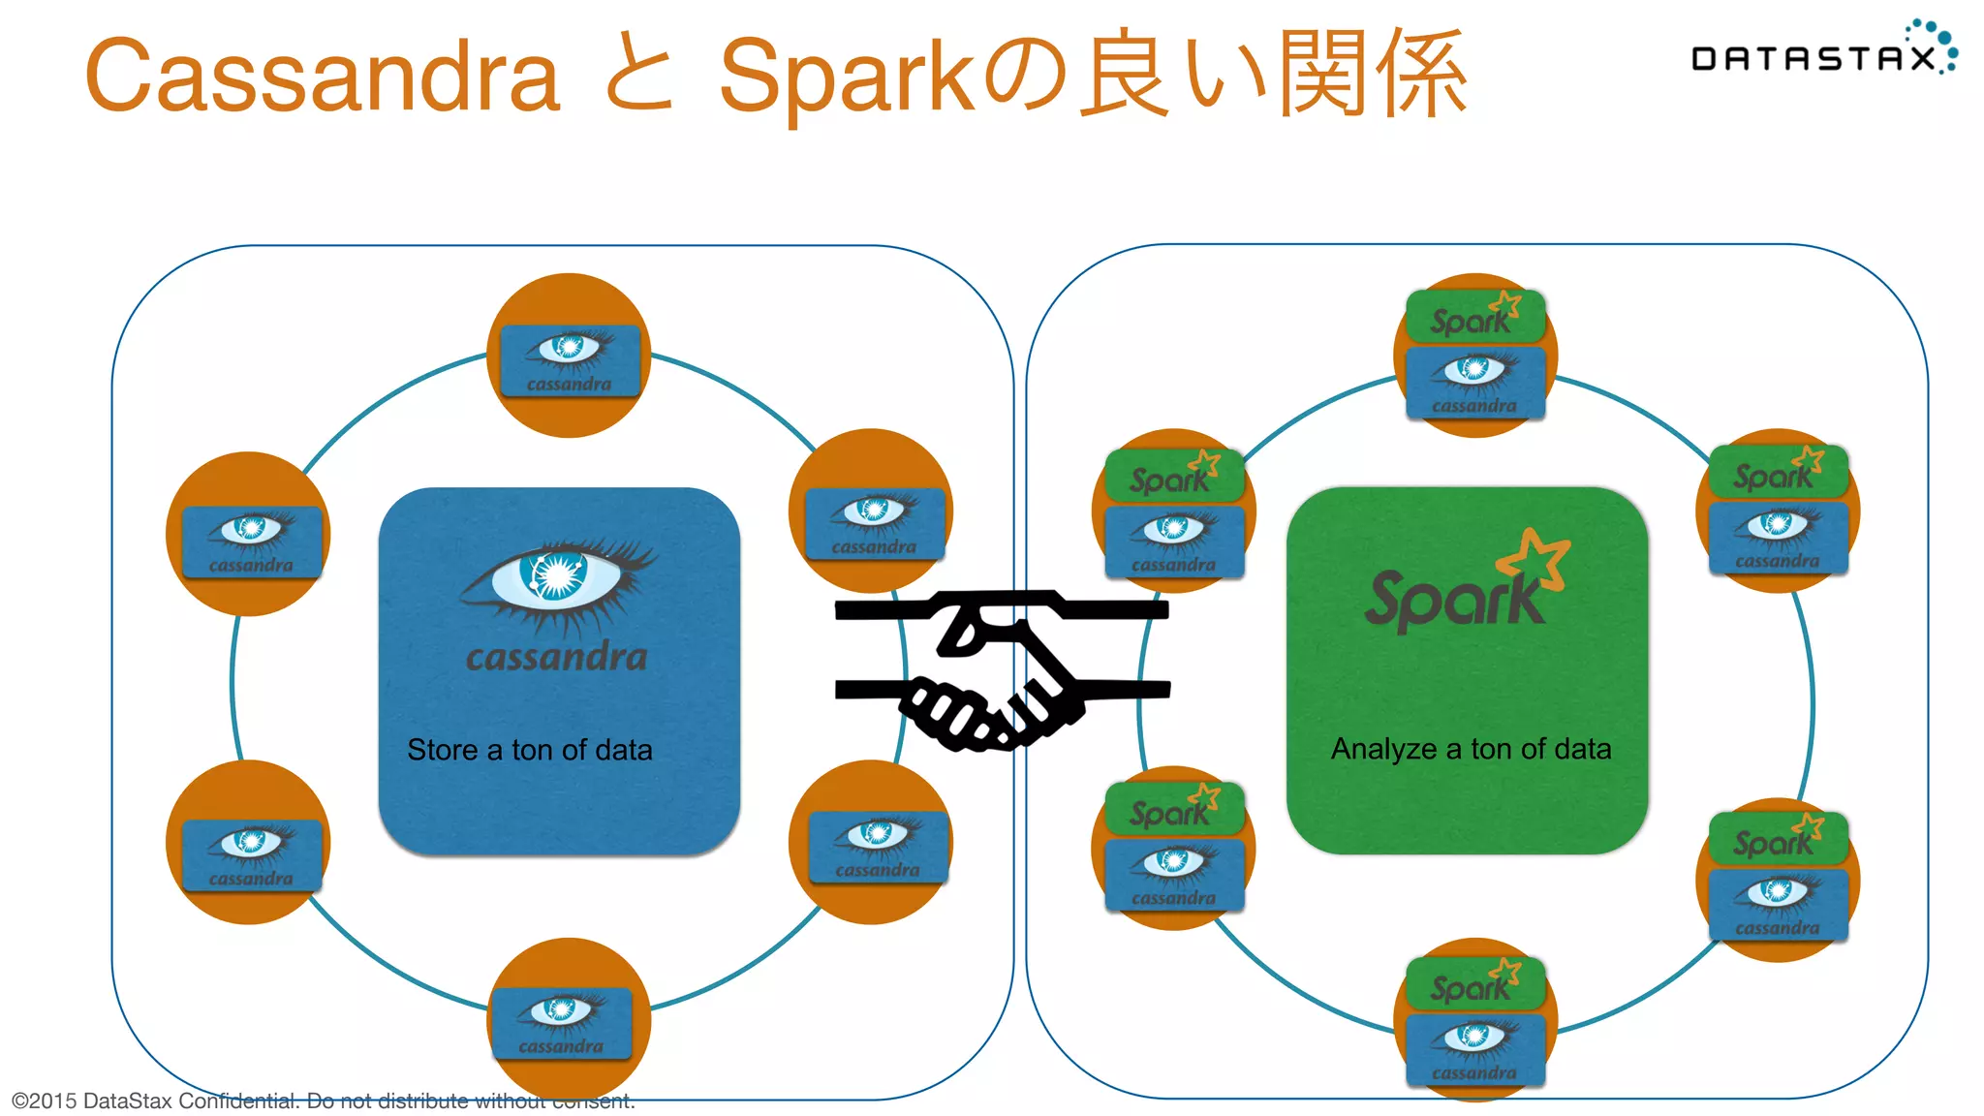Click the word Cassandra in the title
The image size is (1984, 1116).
point(323,76)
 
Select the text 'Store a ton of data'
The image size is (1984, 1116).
point(530,750)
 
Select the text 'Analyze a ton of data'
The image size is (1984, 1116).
point(1471,749)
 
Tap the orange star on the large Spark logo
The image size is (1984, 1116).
point(1534,557)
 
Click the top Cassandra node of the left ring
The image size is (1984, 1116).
point(569,356)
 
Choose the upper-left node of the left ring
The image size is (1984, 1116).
point(248,535)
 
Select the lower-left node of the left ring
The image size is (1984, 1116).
point(248,843)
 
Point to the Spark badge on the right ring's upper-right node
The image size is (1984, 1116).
point(1778,472)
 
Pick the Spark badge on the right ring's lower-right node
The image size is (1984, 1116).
point(1778,838)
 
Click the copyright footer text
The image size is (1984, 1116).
point(323,1101)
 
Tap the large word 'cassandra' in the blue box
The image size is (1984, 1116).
point(557,658)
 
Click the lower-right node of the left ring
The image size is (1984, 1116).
point(871,843)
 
